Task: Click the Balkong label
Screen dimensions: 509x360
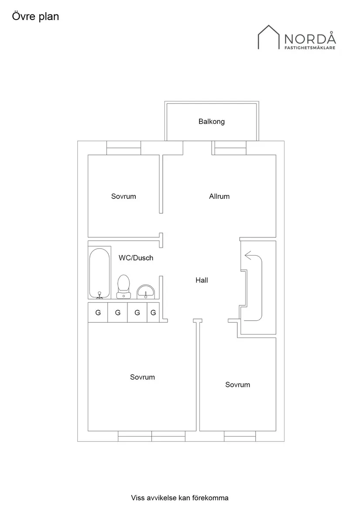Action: tap(212, 122)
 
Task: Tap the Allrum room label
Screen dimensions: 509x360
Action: tap(219, 196)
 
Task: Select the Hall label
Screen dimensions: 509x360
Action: tap(202, 280)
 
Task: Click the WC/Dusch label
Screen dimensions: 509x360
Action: tap(136, 258)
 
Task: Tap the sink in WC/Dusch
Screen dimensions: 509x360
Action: tap(145, 291)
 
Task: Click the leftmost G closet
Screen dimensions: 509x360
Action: tap(98, 312)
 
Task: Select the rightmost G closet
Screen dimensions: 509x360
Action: tap(153, 312)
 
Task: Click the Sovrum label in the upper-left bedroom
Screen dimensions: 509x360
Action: tap(123, 196)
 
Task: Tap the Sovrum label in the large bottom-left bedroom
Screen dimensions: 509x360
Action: tap(142, 377)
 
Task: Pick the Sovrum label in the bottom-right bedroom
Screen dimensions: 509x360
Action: tap(237, 385)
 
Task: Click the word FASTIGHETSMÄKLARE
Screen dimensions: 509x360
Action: tap(310, 48)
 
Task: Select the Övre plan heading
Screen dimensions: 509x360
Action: tap(35, 17)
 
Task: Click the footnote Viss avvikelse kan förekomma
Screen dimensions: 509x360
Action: tap(180, 498)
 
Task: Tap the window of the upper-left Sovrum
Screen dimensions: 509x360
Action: tap(124, 148)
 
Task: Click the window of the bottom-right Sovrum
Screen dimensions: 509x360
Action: tap(240, 436)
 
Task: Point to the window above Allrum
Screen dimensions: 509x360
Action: tap(230, 148)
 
